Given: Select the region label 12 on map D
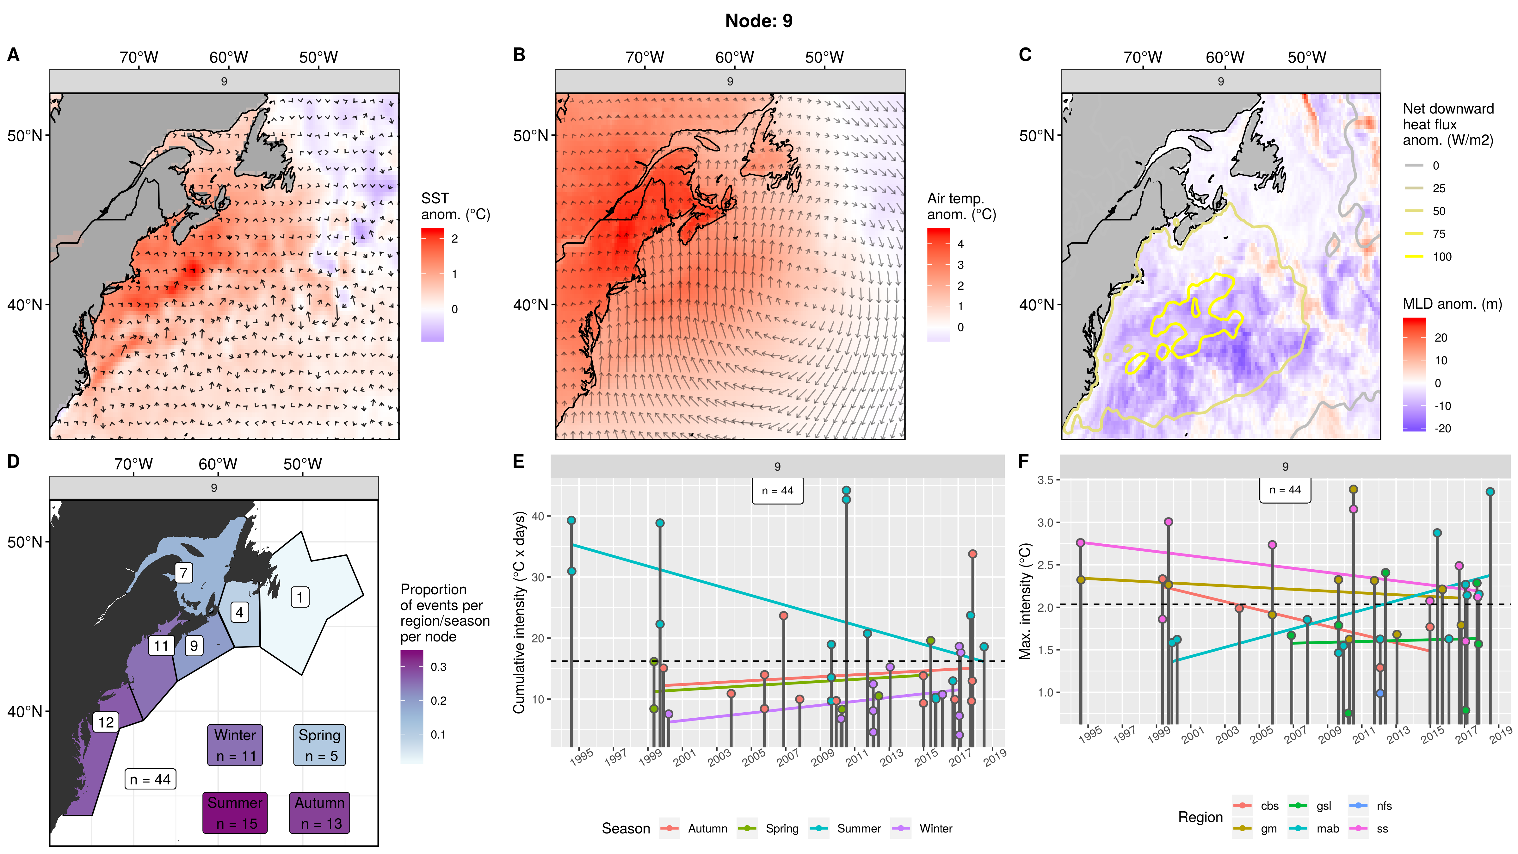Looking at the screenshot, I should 106,722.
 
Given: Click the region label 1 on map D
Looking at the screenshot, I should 300,597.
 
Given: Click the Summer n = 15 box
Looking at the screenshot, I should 235,813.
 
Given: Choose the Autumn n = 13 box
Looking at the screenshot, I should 319,813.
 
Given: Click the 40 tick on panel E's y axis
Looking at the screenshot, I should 537,516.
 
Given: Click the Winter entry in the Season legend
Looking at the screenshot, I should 935,829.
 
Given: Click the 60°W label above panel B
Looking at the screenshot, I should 734,57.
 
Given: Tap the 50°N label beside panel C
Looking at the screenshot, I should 1036,136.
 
